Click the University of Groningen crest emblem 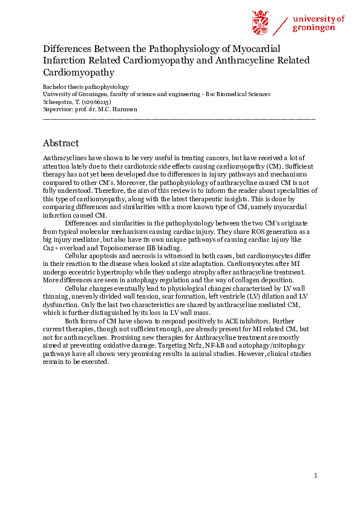[260, 23]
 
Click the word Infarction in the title [65, 60]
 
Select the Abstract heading [61, 143]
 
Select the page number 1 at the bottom [316, 476]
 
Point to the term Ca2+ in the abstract [51, 248]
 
